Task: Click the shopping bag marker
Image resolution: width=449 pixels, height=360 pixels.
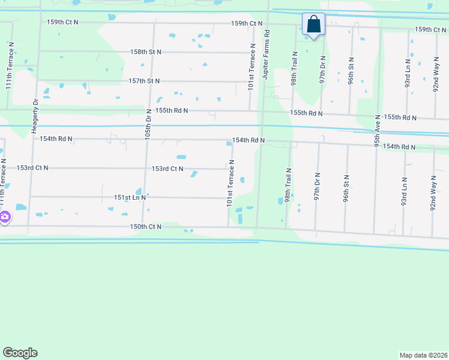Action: click(x=313, y=25)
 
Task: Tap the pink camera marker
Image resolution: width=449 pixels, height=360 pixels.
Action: click(x=4, y=217)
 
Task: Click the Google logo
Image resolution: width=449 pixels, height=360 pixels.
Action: click(x=20, y=353)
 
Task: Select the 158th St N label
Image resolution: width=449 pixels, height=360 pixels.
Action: click(x=146, y=52)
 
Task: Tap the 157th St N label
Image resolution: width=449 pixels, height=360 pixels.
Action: click(x=144, y=81)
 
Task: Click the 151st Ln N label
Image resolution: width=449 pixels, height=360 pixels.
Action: click(x=130, y=197)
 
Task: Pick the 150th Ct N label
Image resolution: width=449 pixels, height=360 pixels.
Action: click(x=146, y=226)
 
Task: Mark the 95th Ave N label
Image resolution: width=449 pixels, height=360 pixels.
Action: click(x=377, y=131)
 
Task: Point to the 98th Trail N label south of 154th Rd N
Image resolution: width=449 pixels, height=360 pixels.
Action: click(x=289, y=185)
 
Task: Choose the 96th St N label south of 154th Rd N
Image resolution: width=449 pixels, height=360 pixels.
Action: click(x=346, y=188)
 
